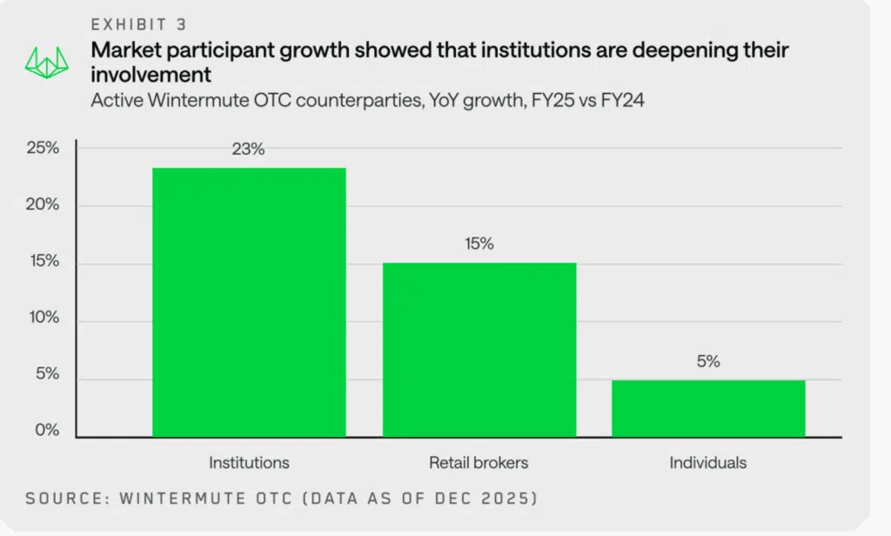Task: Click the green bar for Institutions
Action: click(x=249, y=302)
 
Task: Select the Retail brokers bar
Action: click(x=479, y=349)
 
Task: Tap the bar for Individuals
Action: click(x=708, y=408)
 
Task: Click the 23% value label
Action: click(x=248, y=150)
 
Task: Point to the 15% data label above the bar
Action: click(x=479, y=245)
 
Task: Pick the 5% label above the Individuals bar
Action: click(x=708, y=362)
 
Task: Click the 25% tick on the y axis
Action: click(x=43, y=148)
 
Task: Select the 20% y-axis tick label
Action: click(x=43, y=205)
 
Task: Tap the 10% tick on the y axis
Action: click(x=43, y=318)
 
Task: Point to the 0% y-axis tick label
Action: click(x=46, y=432)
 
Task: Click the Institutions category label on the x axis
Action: click(x=249, y=462)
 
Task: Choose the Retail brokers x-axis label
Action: click(x=479, y=462)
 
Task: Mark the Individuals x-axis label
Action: click(x=708, y=462)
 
